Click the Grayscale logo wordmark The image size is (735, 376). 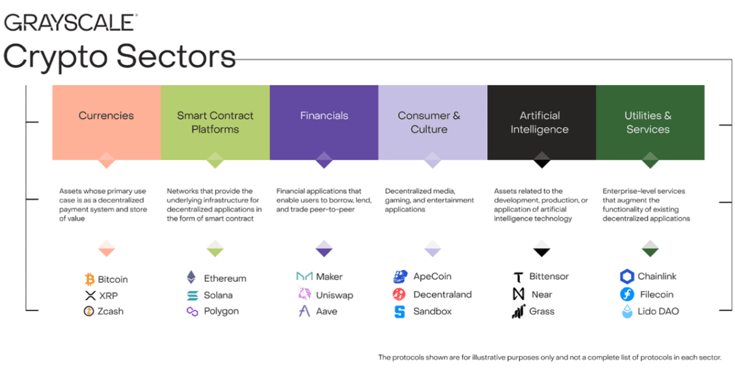[70, 22]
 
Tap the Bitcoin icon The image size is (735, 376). [89, 279]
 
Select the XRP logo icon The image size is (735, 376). [90, 295]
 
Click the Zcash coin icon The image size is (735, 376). [89, 311]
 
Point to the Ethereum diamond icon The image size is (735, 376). [191, 277]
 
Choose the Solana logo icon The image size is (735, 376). [192, 295]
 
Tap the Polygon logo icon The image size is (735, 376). [192, 311]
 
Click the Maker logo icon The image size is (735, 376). [304, 276]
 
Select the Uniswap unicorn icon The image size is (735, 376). [304, 293]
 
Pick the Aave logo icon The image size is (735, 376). [304, 311]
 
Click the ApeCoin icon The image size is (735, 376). [401, 276]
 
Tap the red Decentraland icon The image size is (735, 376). [399, 294]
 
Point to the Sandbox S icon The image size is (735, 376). [399, 312]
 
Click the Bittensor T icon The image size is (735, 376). [518, 277]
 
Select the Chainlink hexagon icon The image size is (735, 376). [627, 276]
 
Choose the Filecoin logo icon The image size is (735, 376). [627, 294]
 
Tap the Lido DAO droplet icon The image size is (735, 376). [627, 311]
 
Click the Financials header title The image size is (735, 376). [324, 116]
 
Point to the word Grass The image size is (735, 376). [541, 311]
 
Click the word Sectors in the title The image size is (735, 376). [176, 56]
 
